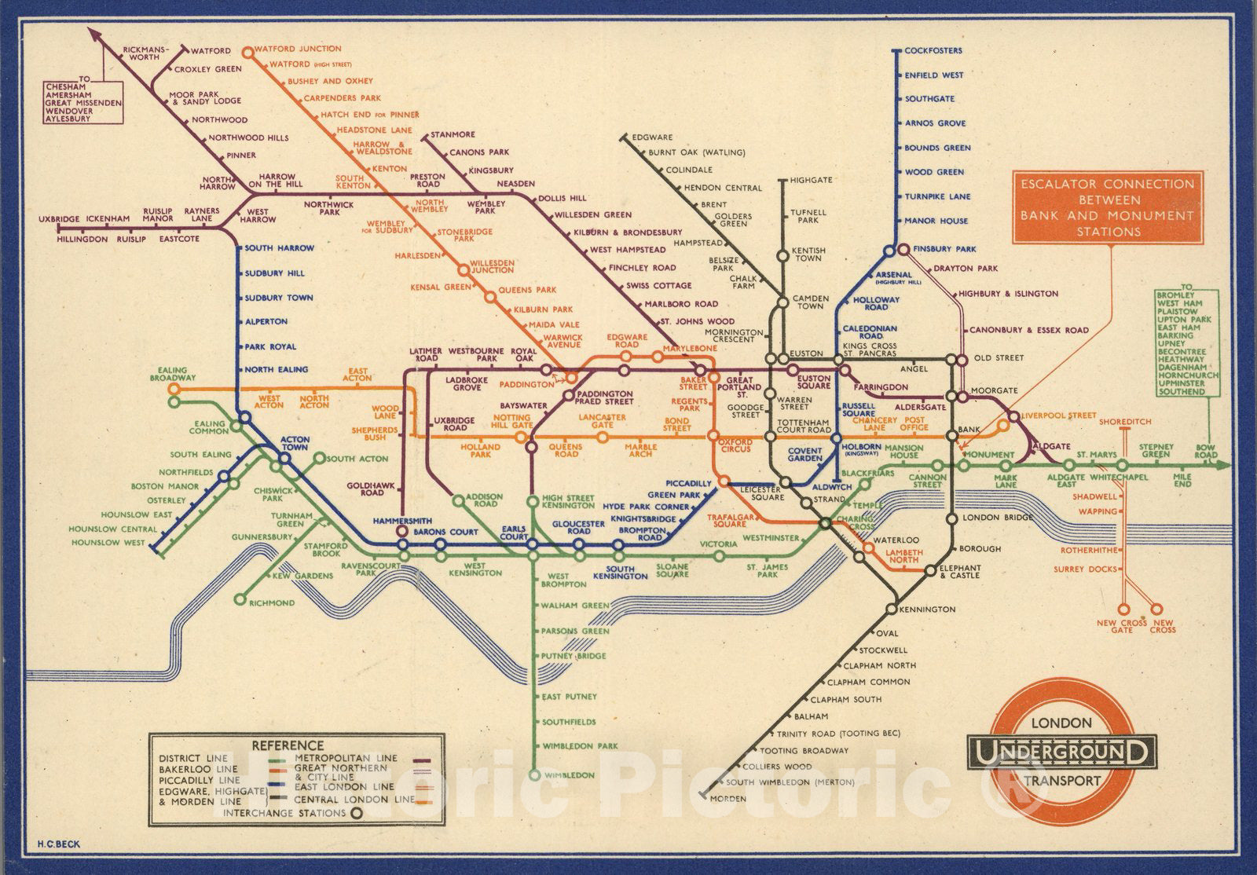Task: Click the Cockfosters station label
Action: pos(933,51)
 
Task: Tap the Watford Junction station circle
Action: pos(247,53)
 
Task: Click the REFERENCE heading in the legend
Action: pos(288,745)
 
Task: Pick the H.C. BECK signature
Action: pos(59,844)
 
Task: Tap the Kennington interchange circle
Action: pos(891,609)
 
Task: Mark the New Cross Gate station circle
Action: pos(1124,608)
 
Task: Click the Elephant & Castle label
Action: pos(959,571)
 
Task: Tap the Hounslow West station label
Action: pos(108,543)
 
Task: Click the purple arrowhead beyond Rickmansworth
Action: pos(93,34)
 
